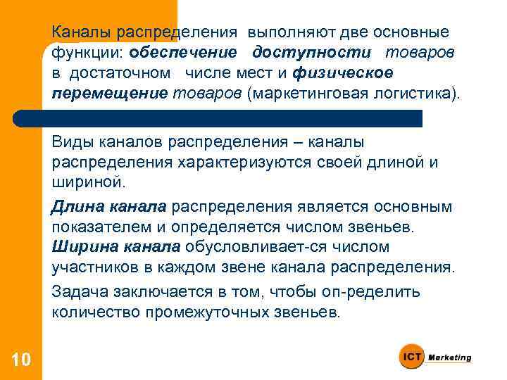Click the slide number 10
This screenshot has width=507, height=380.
tap(20, 360)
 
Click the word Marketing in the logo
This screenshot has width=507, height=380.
tap(451, 357)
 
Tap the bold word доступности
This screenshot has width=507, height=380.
tap(313, 53)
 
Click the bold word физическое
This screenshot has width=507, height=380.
tap(343, 74)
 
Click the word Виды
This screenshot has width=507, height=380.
tap(71, 144)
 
